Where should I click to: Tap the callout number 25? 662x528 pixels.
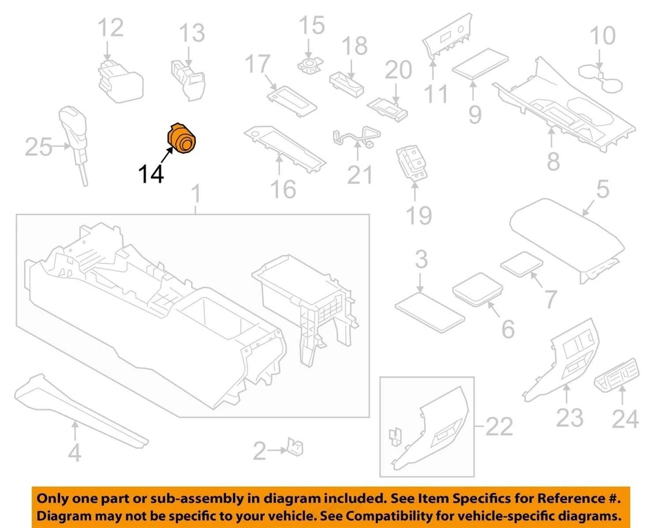[39, 147]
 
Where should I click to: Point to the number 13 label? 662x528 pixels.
[192, 32]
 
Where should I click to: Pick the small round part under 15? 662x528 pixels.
[311, 65]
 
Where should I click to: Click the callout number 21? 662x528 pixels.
[359, 175]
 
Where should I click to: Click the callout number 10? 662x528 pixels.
[604, 34]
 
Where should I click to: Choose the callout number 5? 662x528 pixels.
[602, 189]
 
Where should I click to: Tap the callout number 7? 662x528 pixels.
[550, 299]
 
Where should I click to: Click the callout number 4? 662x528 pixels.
[74, 453]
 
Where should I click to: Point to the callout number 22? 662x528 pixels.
[500, 427]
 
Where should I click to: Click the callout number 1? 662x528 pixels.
[196, 196]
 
